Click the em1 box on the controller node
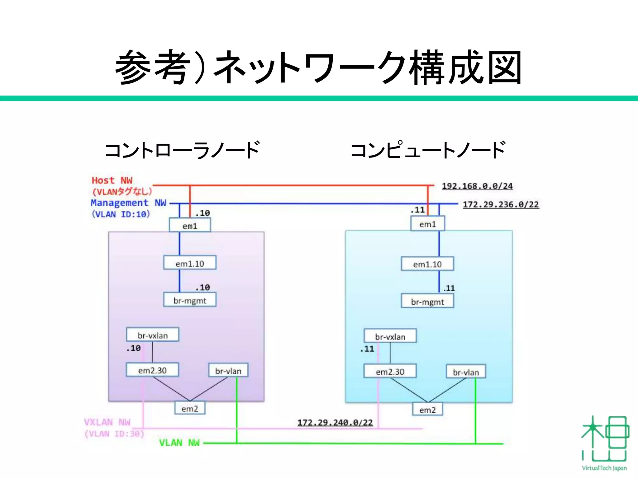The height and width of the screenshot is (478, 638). click(190, 225)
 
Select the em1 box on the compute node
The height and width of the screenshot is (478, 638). click(427, 224)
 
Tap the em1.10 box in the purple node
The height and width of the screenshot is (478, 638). click(190, 263)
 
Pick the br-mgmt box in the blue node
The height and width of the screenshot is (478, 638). click(427, 301)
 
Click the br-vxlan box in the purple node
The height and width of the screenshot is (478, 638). click(153, 335)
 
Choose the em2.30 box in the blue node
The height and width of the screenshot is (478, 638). click(390, 371)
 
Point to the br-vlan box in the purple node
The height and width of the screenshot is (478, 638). click(228, 370)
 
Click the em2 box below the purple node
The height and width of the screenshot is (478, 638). click(190, 408)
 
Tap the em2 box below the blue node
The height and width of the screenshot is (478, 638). click(427, 410)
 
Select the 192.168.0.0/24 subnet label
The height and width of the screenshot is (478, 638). click(477, 186)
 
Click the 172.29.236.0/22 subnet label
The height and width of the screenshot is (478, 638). click(501, 204)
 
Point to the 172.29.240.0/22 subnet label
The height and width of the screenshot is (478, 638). click(335, 422)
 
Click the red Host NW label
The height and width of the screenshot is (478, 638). click(112, 180)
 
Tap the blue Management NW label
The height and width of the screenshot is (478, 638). click(128, 203)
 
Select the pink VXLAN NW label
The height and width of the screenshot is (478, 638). click(107, 422)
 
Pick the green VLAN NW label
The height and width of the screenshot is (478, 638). click(179, 443)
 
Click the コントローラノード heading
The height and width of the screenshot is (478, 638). click(182, 150)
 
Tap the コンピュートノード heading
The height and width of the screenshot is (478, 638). click(428, 150)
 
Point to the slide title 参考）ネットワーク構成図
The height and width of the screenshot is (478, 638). click(318, 68)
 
